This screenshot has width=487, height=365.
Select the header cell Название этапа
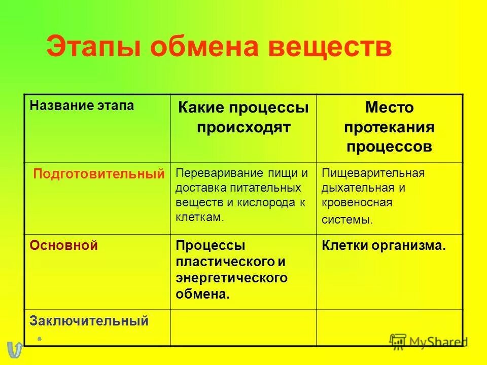[82, 105]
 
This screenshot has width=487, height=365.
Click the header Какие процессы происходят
[243, 118]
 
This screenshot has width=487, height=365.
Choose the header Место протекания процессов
[390, 127]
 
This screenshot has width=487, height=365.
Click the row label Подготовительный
[99, 174]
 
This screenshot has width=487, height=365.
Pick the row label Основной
[63, 245]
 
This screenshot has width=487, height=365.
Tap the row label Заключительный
[89, 320]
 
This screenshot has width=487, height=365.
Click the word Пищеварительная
[373, 173]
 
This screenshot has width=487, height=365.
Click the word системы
[347, 220]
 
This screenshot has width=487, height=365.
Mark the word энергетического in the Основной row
[231, 278]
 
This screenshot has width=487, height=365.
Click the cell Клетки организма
[384, 246]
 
